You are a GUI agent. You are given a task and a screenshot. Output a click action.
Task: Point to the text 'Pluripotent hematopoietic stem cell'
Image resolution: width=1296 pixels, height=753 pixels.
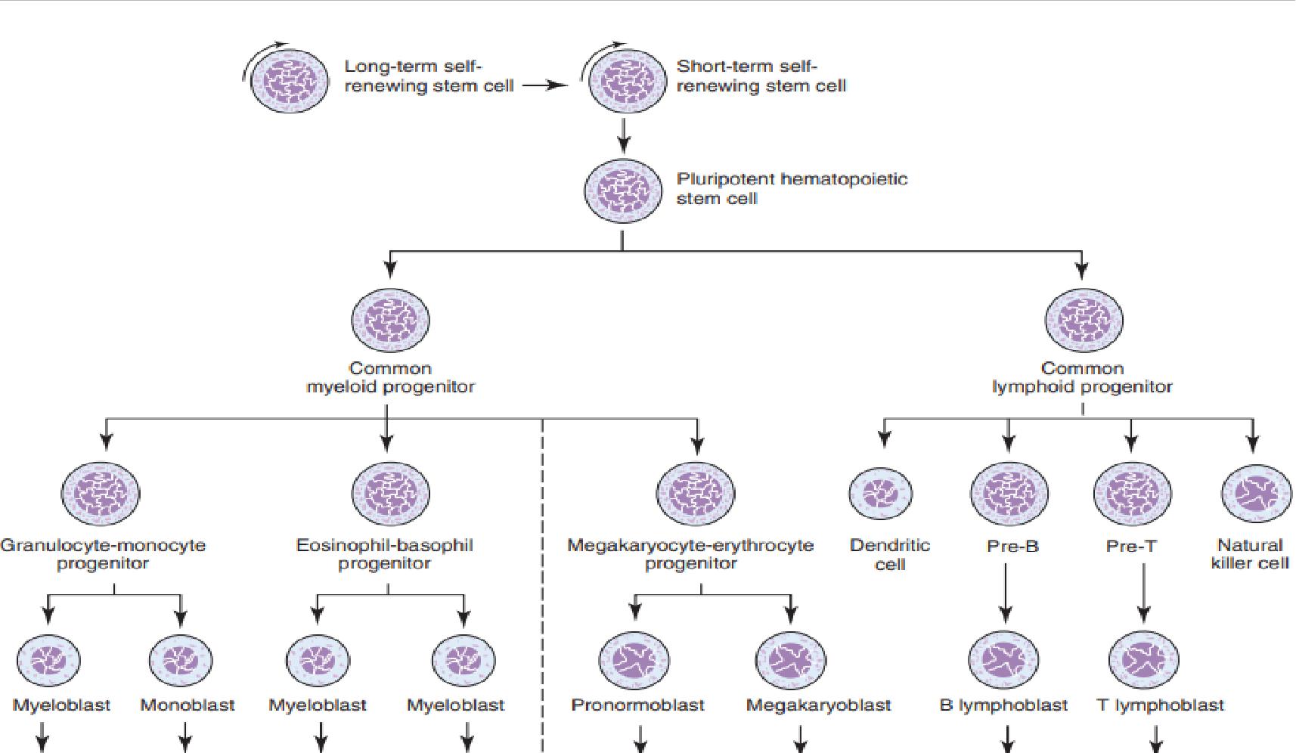pos(791,188)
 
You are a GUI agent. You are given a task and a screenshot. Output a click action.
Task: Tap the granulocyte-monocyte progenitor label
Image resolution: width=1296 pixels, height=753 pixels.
pos(103,554)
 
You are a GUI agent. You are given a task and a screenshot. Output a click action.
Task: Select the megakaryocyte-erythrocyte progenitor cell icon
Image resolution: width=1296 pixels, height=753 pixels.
pos(695,493)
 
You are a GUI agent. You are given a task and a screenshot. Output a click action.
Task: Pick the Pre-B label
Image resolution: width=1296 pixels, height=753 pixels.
pos(1012,546)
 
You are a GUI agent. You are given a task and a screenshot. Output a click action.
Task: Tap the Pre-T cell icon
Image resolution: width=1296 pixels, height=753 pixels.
pos(1131,493)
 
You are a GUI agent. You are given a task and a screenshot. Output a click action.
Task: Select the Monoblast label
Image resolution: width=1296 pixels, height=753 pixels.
pos(188,705)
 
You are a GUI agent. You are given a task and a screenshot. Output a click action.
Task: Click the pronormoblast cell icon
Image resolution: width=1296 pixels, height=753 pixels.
pos(634,660)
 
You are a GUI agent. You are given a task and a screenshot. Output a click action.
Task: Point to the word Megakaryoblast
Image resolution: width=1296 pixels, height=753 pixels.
pos(818,705)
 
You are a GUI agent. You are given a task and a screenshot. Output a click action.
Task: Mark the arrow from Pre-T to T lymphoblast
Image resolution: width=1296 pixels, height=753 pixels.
pos(1143,593)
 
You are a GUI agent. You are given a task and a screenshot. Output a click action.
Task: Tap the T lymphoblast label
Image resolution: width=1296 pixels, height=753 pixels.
pos(1160,705)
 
